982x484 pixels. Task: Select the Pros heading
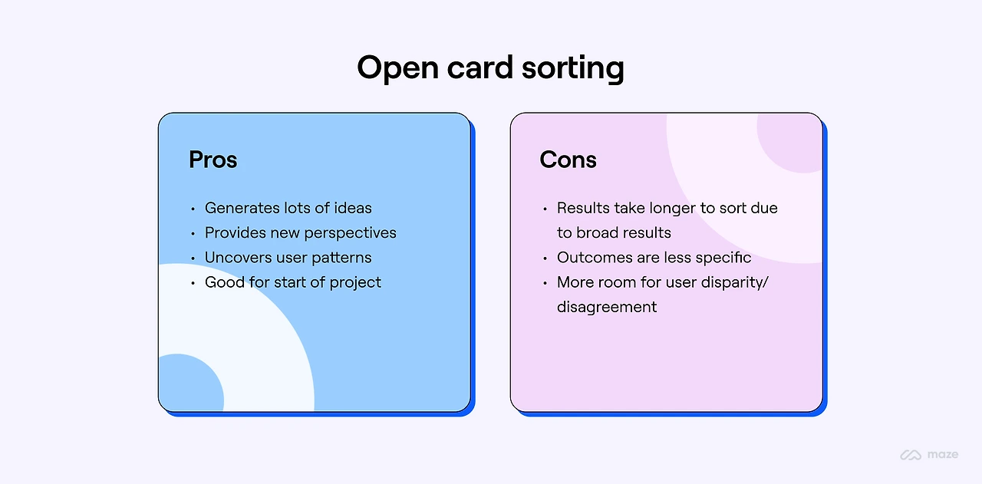213,160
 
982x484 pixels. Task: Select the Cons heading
568,160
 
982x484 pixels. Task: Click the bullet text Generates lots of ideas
288,208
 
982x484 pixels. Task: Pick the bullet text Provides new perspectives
300,232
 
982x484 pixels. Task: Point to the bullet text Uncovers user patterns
288,258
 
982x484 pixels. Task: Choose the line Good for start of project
292,282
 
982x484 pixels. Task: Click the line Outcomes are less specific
654,258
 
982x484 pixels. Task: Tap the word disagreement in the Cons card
607,307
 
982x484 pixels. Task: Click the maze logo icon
911,455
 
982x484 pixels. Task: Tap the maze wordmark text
942,455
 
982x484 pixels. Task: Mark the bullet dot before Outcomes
545,258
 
